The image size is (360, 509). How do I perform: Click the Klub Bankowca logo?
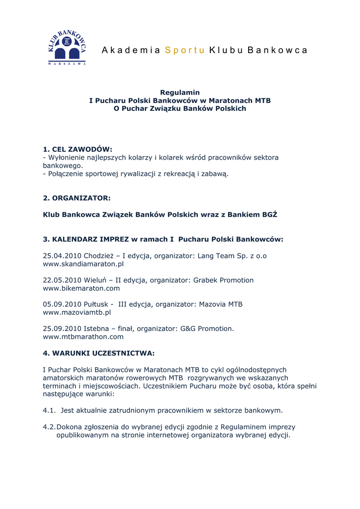click(67, 48)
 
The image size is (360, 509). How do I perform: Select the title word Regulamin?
click(180, 92)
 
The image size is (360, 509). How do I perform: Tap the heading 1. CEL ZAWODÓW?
click(78, 149)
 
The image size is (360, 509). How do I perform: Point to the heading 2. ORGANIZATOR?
click(77, 198)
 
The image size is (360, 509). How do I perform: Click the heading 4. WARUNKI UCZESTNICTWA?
click(98, 353)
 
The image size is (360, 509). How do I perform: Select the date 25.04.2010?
click(62, 256)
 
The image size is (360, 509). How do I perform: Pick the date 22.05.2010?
click(62, 280)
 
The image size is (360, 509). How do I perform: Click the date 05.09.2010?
click(62, 304)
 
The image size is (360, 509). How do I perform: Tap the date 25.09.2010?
click(62, 329)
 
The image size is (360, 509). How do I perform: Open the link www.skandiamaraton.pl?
click(83, 264)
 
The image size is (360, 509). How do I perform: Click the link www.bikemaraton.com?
click(81, 288)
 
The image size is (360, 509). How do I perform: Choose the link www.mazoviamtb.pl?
click(77, 313)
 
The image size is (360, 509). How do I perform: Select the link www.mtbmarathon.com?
click(83, 337)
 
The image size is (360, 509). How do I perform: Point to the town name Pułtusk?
click(95, 304)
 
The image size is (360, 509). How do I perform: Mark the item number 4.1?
click(49, 411)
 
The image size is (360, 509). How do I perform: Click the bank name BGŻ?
click(269, 215)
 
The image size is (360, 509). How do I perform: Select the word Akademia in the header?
click(131, 50)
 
